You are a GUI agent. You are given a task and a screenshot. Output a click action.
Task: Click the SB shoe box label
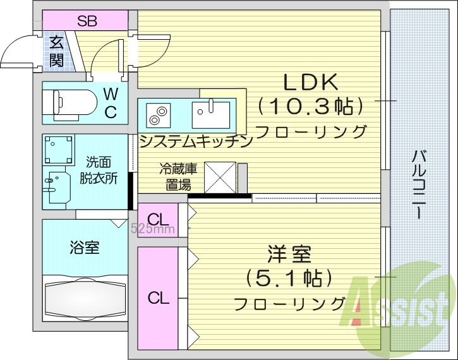click(x=87, y=20)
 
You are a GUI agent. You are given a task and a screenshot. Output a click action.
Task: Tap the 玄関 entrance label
click(x=56, y=51)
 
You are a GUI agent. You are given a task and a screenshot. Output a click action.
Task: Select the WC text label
click(x=110, y=103)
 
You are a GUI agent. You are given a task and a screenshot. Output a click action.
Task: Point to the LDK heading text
click(x=311, y=82)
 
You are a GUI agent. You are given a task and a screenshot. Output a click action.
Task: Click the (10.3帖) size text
click(x=310, y=106)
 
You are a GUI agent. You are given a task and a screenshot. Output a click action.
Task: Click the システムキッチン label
click(x=195, y=140)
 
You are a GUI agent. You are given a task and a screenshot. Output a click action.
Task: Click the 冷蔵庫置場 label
click(x=178, y=176)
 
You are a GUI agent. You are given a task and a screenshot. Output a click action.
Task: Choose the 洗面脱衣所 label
click(x=97, y=170)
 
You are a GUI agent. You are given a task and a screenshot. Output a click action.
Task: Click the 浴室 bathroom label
click(x=83, y=248)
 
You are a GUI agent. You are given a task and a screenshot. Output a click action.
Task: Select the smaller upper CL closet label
click(x=159, y=219)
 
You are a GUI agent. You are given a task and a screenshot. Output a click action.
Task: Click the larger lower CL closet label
click(x=159, y=297)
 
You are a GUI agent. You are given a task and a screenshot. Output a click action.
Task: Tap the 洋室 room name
click(x=289, y=256)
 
